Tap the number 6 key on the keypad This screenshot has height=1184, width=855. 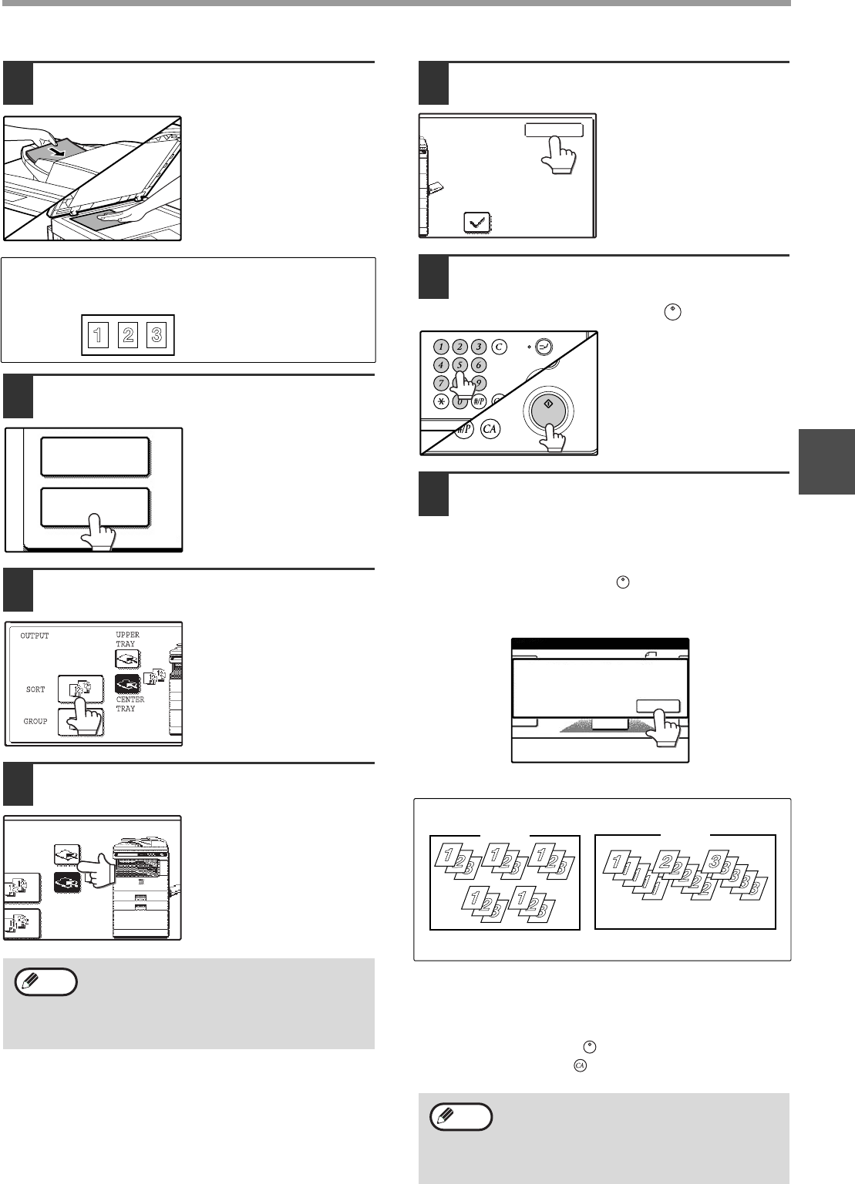479,365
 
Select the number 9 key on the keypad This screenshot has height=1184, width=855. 479,382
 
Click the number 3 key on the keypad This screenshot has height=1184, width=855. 479,347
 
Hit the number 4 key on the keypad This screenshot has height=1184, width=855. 442,365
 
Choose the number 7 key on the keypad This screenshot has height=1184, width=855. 442,382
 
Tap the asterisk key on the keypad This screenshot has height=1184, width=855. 442,401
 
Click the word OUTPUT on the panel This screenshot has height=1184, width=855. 34,636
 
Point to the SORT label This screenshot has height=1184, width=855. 35,689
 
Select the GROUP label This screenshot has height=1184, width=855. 35,721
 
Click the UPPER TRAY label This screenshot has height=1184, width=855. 126,639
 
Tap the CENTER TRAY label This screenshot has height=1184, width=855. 130,704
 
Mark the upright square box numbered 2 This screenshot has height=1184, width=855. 128,336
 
